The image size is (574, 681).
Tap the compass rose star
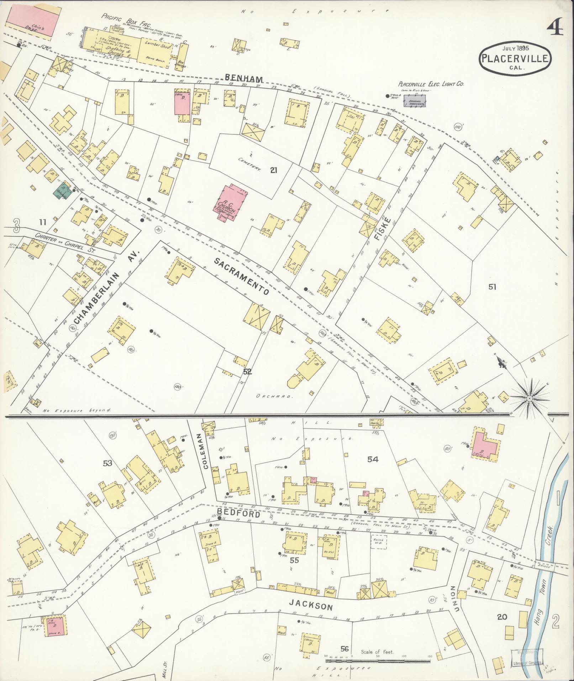point(529,398)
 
